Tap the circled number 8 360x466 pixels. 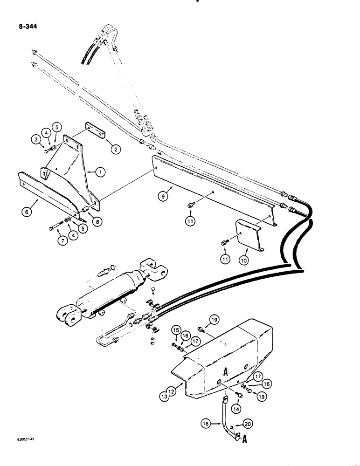pyautogui.click(x=97, y=222)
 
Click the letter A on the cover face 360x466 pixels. pyautogui.click(x=225, y=372)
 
